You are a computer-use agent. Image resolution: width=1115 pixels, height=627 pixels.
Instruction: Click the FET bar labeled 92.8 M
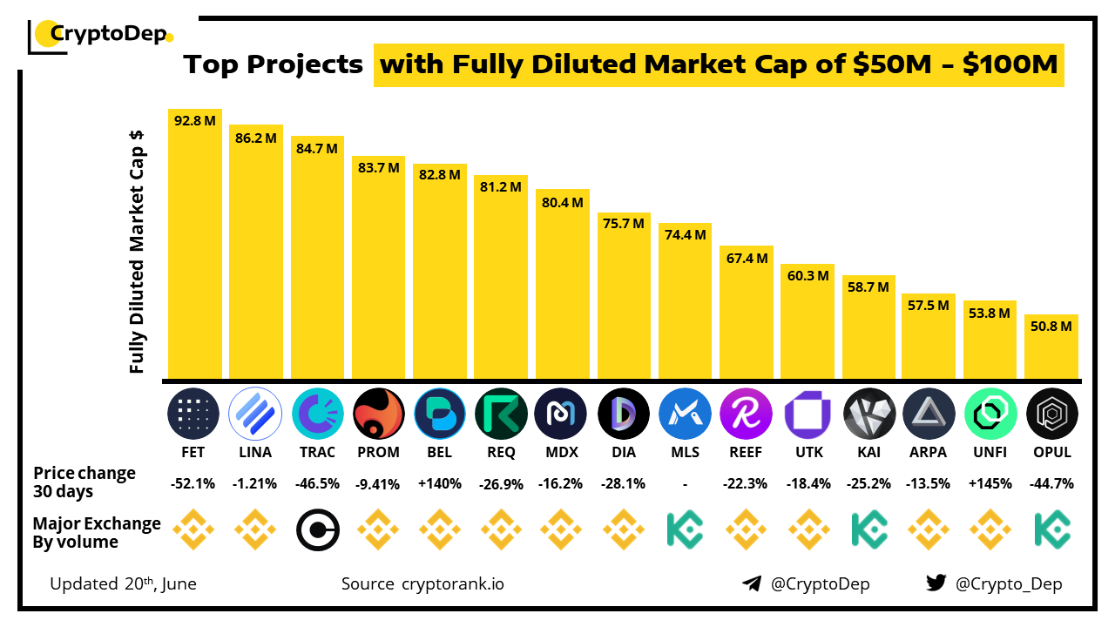(195, 244)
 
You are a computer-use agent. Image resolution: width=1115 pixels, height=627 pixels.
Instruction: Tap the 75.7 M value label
(624, 224)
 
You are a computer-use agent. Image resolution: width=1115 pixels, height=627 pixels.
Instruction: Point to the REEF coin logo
(747, 413)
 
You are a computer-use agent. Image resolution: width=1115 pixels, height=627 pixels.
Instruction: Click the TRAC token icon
(318, 413)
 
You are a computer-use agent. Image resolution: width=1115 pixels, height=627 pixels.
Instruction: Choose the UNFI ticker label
(990, 452)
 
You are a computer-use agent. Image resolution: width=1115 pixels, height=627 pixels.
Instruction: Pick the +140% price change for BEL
(440, 483)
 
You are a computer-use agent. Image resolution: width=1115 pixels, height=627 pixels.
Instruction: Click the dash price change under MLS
(685, 483)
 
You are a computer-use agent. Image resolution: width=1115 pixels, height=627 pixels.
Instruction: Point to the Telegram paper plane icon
(752, 583)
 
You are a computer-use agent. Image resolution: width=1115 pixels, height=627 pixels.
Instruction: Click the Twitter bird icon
(936, 583)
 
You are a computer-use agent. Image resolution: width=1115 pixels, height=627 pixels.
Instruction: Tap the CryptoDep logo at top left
(100, 35)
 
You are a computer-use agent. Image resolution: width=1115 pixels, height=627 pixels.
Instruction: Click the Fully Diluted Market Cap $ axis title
(137, 252)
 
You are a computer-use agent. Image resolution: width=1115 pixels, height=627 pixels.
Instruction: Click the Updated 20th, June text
(123, 583)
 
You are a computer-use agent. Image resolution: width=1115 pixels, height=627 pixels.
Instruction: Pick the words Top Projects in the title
(273, 64)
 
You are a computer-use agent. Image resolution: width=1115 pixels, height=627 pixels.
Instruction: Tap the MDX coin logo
(563, 413)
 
